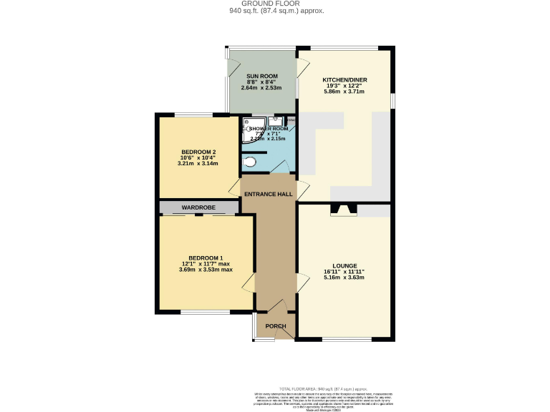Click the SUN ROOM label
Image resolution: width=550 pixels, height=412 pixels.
261,76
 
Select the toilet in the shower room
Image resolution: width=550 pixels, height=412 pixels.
249,162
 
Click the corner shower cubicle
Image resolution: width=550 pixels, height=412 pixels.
251,127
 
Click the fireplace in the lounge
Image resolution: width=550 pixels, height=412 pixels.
341,210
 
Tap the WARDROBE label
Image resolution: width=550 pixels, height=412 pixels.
198,207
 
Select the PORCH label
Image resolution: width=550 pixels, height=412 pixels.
276,326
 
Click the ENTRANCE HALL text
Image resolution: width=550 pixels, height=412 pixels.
268,194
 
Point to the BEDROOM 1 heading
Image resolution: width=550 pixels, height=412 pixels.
206,257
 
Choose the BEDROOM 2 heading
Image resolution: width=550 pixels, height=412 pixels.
198,152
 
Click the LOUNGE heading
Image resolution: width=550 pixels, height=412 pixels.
344,265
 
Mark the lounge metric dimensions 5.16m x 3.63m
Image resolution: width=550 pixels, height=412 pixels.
344,278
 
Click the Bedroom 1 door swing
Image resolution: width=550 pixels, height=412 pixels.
248,282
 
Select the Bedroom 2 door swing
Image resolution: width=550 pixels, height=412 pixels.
234,188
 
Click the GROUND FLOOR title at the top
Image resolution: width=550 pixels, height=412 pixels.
276,4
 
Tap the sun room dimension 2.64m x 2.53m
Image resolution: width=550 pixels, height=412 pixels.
261,88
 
